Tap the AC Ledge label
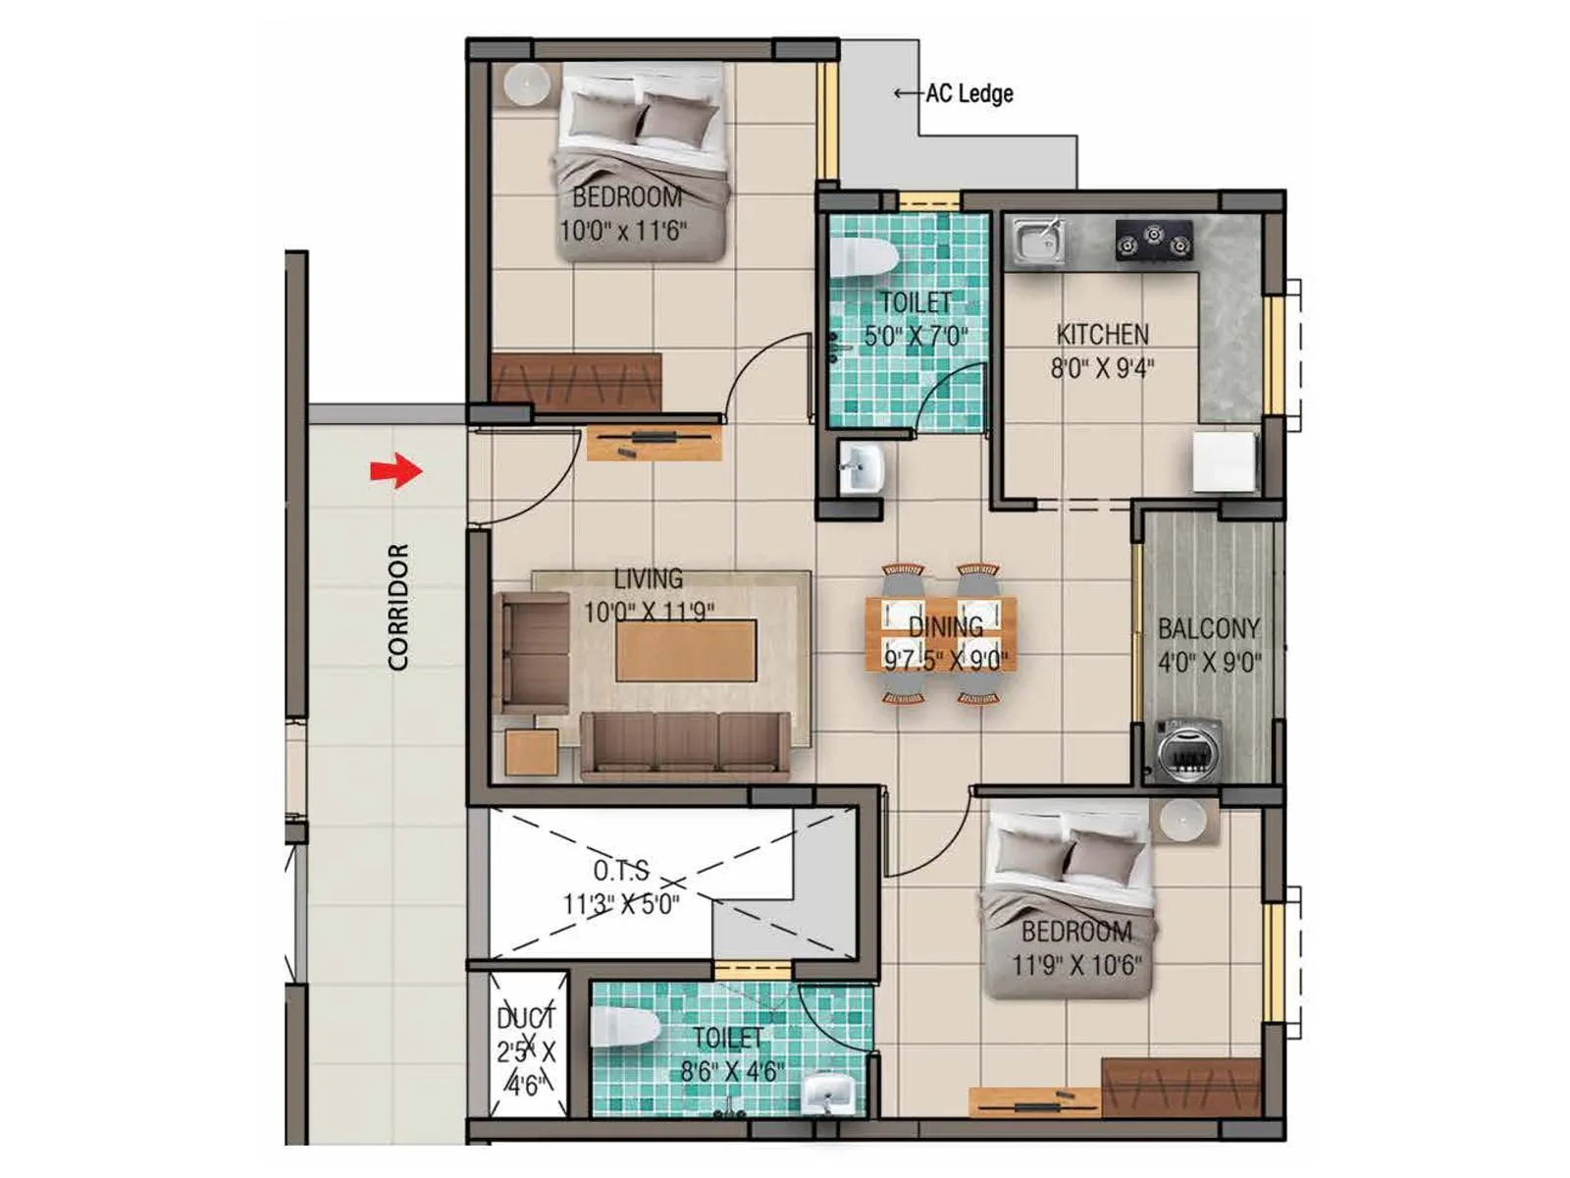[x=968, y=94]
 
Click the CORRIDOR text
[x=398, y=607]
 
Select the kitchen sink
[x=1039, y=241]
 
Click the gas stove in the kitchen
[x=1154, y=240]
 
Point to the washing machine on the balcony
[x=1189, y=750]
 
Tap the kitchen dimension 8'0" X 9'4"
[x=1102, y=368]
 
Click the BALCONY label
[x=1208, y=628]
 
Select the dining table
[x=941, y=634]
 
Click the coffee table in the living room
[x=686, y=648]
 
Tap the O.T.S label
[x=621, y=871]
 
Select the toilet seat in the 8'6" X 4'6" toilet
[x=624, y=1028]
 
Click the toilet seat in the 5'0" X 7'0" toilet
[x=863, y=257]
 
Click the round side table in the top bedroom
[x=527, y=85]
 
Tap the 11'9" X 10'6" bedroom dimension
[x=1076, y=965]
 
